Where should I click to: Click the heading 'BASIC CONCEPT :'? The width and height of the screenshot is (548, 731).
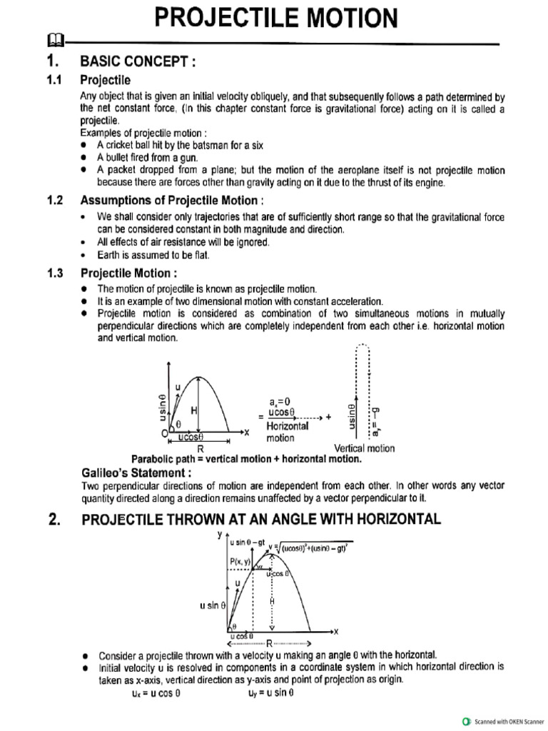pos(138,62)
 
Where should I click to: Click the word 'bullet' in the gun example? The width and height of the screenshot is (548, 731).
pos(120,157)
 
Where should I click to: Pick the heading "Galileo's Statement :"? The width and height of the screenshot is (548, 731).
pos(136,473)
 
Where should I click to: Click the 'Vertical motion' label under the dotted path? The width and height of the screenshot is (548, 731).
pos(364,448)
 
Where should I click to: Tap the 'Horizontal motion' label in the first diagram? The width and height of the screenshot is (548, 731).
pos(287,432)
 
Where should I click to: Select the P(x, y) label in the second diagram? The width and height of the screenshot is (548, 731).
pos(241,563)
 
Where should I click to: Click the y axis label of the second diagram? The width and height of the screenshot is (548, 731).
pos(219,533)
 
